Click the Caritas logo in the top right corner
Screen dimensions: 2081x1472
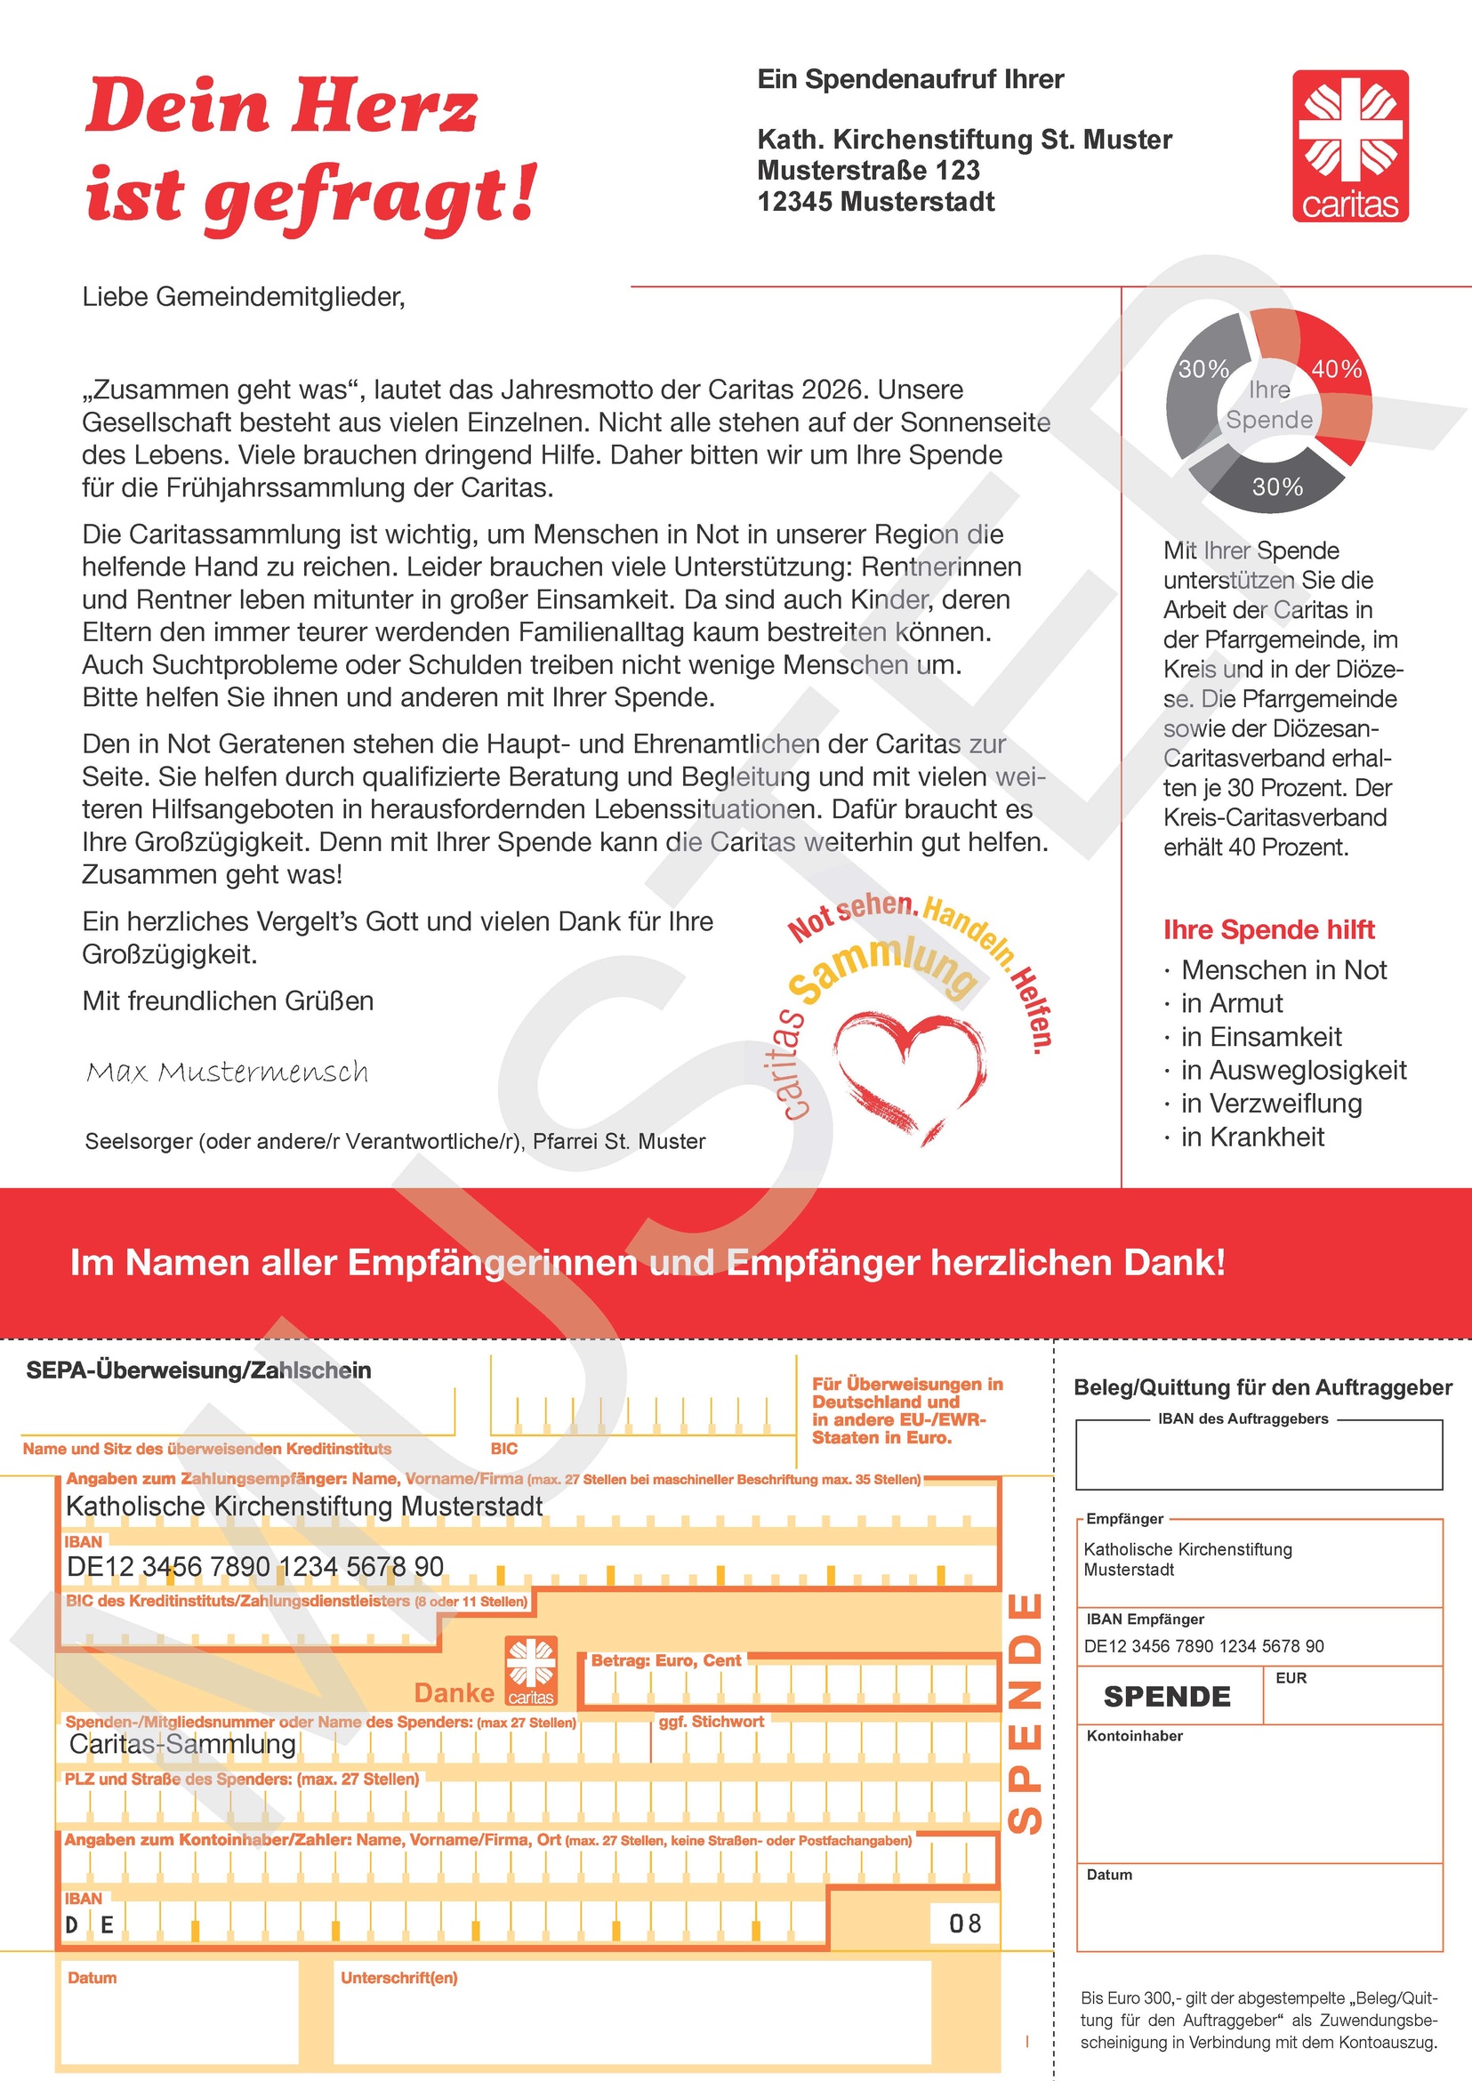click(x=1349, y=145)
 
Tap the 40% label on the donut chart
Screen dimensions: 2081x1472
click(x=1336, y=369)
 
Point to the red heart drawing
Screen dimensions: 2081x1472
click(x=909, y=1074)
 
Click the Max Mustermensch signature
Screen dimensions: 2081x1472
click(x=228, y=1073)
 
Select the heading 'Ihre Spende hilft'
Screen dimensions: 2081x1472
click(x=1268, y=929)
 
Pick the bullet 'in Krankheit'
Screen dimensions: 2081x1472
click(x=1251, y=1137)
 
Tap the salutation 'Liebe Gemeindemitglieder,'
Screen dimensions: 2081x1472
click(x=244, y=296)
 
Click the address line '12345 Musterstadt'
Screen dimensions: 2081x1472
click(x=875, y=201)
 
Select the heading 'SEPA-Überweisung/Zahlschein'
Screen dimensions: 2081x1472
click(x=198, y=1370)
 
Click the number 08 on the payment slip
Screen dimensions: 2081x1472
click(x=964, y=1923)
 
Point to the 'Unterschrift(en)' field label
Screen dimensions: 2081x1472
click(x=398, y=1977)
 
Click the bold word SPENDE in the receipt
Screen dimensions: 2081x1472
click(x=1167, y=1696)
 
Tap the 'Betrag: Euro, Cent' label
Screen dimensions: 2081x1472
click(x=665, y=1659)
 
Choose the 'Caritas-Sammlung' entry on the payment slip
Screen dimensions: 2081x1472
click(x=182, y=1743)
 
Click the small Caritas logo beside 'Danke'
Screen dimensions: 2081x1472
click(x=531, y=1670)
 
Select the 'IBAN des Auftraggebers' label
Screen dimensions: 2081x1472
click(x=1243, y=1418)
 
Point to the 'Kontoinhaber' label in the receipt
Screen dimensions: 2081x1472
click(x=1135, y=1736)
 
